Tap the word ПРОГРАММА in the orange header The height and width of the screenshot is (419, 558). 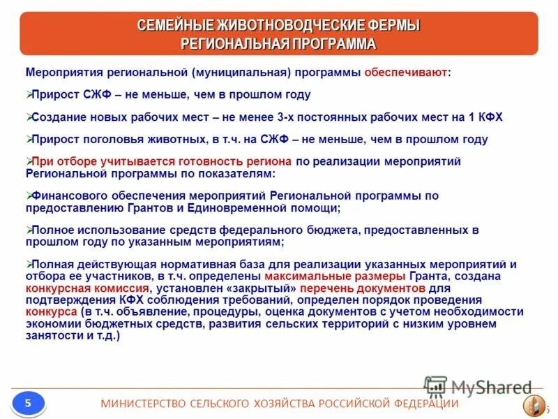point(327,44)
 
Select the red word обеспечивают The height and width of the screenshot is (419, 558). point(406,73)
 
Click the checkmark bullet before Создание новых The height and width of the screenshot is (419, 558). point(29,117)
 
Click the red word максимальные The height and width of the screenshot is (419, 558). point(304,275)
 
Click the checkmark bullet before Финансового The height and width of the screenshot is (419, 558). point(29,196)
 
